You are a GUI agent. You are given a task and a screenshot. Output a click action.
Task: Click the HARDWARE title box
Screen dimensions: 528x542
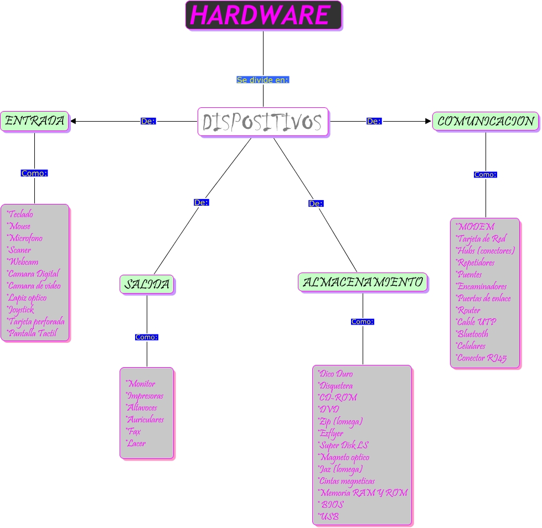(x=263, y=15)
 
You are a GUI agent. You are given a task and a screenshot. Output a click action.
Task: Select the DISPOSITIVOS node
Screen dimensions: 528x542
(x=263, y=122)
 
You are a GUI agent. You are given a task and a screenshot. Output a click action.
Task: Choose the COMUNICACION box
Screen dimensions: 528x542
(x=486, y=121)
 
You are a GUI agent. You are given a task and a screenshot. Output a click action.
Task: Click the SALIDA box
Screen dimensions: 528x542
(x=147, y=284)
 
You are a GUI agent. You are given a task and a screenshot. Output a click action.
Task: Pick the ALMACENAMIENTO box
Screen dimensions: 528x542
(x=363, y=282)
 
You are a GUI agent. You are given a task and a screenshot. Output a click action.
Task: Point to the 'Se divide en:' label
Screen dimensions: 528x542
(x=263, y=80)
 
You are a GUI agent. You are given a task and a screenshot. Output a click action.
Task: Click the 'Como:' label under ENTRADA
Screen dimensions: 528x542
(x=34, y=173)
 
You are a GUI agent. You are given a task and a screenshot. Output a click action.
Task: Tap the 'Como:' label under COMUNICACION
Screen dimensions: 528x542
(x=486, y=175)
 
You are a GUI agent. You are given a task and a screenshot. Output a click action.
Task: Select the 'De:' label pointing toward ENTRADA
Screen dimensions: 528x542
(x=148, y=121)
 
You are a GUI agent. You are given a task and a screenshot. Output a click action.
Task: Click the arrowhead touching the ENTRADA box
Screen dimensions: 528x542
(x=73, y=121)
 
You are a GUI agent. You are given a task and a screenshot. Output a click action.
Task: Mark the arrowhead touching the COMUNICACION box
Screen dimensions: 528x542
(x=427, y=121)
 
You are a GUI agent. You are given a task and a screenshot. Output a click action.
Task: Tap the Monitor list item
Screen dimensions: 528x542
(x=141, y=384)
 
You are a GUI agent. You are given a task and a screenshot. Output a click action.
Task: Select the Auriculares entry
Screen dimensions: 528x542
(x=145, y=420)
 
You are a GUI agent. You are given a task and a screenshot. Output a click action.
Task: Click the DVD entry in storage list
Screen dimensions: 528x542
(x=329, y=410)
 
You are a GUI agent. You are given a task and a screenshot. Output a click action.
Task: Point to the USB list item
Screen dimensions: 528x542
(x=329, y=517)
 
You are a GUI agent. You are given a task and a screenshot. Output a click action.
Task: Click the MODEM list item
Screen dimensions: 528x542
(x=475, y=227)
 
